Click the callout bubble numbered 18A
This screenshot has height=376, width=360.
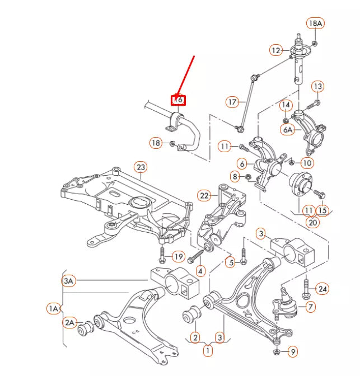pyautogui.click(x=316, y=23)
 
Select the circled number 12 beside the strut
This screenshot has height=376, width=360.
pyautogui.click(x=275, y=50)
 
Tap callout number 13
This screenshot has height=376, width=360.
pyautogui.click(x=317, y=86)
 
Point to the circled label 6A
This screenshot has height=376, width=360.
pyautogui.click(x=287, y=129)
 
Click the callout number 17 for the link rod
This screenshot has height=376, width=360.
pyautogui.click(x=232, y=102)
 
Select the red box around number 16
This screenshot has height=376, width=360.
pyautogui.click(x=178, y=100)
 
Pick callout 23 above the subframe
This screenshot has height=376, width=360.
pyautogui.click(x=140, y=167)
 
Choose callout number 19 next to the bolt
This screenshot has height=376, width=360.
pyautogui.click(x=178, y=257)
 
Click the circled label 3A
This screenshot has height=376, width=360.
pyautogui.click(x=68, y=281)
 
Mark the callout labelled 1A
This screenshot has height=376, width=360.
pyautogui.click(x=53, y=308)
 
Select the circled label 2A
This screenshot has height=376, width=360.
pyautogui.click(x=69, y=322)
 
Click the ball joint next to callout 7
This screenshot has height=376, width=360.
pyautogui.click(x=284, y=299)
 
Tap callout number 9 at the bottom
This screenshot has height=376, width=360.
pyautogui.click(x=293, y=352)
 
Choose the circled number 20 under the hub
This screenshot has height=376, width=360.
pyautogui.click(x=312, y=222)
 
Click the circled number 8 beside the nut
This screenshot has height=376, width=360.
pyautogui.click(x=235, y=177)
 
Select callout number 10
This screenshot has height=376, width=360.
pyautogui.click(x=307, y=163)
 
